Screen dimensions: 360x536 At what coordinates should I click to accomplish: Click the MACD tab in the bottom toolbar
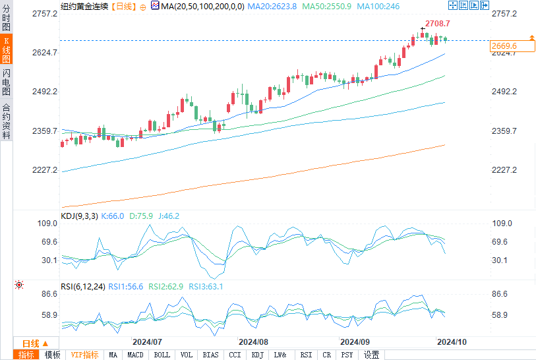(x=135, y=355)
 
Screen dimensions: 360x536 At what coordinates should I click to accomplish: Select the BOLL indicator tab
(x=161, y=355)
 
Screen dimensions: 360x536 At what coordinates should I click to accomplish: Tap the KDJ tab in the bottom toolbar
(x=257, y=355)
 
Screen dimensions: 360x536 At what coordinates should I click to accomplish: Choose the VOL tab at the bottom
(x=187, y=355)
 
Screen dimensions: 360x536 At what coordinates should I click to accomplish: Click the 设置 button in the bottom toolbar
(x=371, y=355)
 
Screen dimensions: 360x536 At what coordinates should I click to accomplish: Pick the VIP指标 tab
(x=84, y=355)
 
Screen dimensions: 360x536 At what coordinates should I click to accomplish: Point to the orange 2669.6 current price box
(x=504, y=46)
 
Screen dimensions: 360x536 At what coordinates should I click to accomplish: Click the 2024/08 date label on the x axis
(x=253, y=342)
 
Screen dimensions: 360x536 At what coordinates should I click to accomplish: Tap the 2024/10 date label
(x=452, y=342)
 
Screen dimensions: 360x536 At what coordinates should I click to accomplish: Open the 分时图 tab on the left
(x=6, y=19)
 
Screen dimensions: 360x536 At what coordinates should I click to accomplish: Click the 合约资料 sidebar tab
(x=6, y=121)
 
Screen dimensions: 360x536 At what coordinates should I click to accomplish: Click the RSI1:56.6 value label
(x=126, y=287)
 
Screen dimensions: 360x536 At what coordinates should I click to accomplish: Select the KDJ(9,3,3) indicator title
(x=79, y=216)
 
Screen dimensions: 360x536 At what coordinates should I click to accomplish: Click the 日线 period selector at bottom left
(x=35, y=344)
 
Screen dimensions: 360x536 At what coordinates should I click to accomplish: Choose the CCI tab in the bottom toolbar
(x=235, y=355)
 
